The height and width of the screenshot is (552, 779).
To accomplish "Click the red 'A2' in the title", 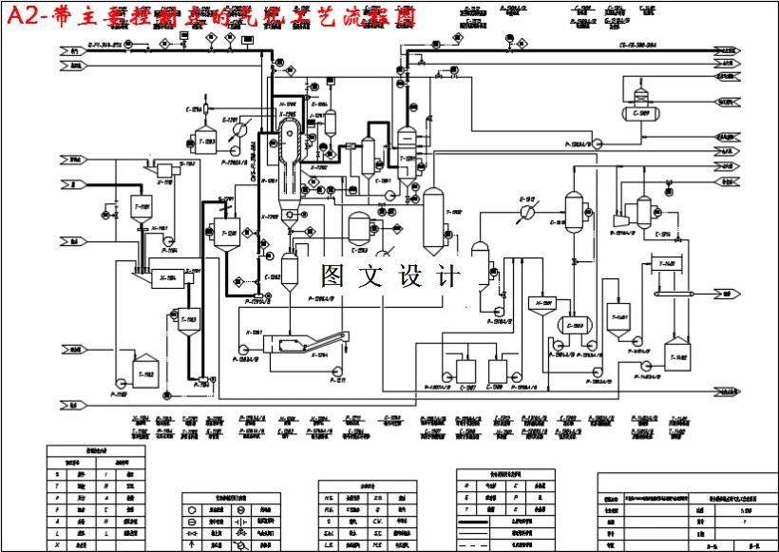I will click(x=21, y=15).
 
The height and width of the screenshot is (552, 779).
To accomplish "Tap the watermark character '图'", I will click(x=334, y=276).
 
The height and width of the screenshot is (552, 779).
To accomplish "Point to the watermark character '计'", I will click(x=446, y=276).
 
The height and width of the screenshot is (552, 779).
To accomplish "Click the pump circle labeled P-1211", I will click(x=339, y=368).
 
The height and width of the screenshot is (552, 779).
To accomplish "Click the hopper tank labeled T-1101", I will click(x=142, y=208).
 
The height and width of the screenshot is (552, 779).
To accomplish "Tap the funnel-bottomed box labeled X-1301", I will click(x=541, y=306).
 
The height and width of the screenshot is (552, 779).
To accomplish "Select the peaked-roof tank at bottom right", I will click(x=676, y=354).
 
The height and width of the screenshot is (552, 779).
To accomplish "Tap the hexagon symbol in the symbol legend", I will click(x=193, y=509).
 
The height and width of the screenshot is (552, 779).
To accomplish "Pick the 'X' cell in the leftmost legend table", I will click(x=57, y=545).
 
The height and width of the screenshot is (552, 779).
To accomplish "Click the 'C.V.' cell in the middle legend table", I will click(x=377, y=521).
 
